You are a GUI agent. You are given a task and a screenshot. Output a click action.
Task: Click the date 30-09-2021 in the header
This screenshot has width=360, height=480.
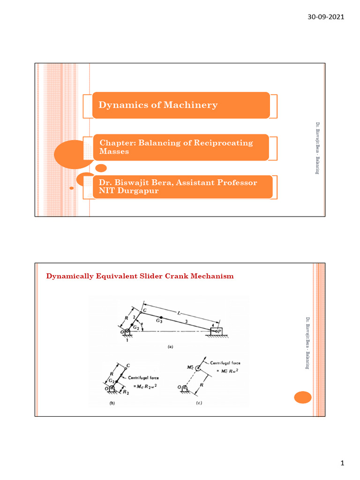click(x=325, y=17)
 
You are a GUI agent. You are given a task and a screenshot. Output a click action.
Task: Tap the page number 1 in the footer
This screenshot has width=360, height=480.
click(x=342, y=464)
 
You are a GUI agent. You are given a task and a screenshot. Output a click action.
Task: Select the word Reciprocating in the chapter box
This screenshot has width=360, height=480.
click(x=224, y=143)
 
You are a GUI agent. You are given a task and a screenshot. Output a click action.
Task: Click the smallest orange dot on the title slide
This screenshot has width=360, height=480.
click(x=71, y=188)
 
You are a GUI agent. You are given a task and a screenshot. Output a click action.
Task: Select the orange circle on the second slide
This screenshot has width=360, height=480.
click(x=303, y=398)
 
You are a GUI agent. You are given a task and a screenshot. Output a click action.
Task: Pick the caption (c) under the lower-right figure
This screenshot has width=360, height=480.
click(x=198, y=403)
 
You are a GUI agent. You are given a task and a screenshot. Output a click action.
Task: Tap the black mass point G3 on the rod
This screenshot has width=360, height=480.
click(x=161, y=317)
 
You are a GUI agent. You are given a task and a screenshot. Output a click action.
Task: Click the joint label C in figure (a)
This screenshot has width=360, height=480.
click(x=145, y=310)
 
